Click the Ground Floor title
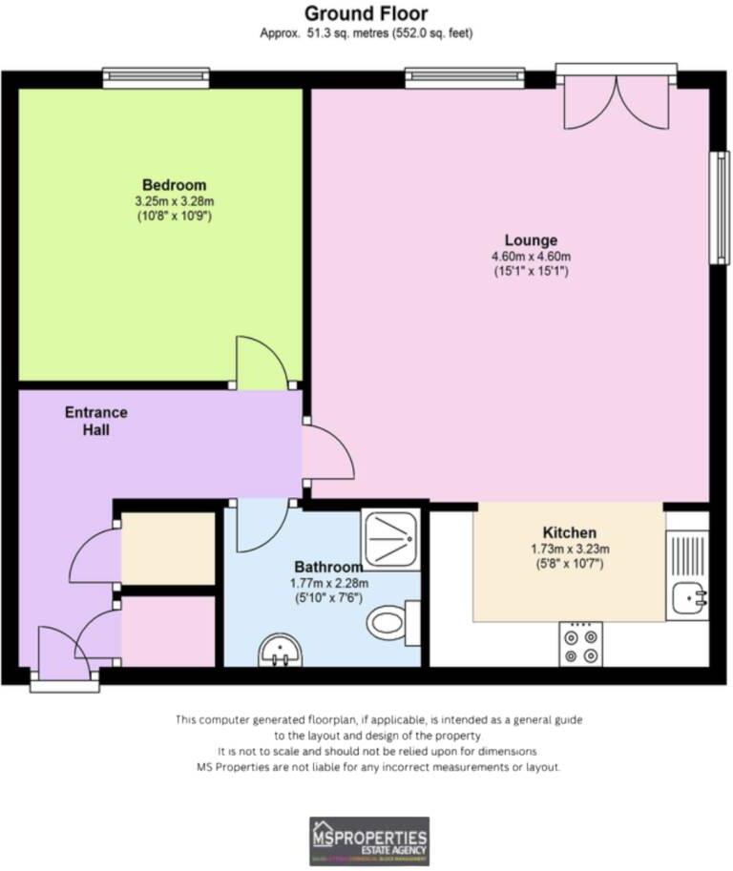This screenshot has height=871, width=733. click(x=366, y=13)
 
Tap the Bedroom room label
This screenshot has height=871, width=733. click(x=174, y=184)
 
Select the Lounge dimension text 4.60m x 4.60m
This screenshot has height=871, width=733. click(x=532, y=256)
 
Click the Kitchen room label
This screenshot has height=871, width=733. click(x=569, y=532)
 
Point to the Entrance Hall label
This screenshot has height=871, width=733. click(x=95, y=422)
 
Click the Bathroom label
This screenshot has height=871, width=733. click(x=328, y=566)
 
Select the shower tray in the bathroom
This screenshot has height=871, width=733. click(x=390, y=539)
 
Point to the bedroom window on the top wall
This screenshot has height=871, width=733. click(x=157, y=76)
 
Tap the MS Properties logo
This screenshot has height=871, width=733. click(x=368, y=840)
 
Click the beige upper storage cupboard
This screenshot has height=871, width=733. click(x=168, y=550)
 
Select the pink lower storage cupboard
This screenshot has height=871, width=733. click(x=168, y=632)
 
